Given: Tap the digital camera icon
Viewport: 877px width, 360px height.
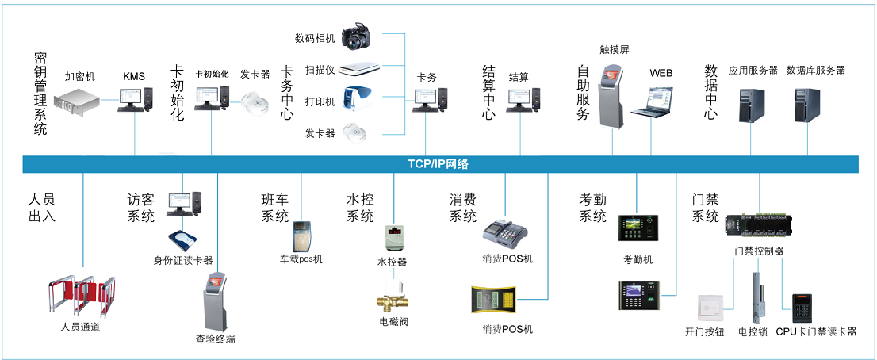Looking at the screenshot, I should click(x=362, y=36).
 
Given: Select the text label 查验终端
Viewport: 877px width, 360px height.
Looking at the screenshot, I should click(x=215, y=339).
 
